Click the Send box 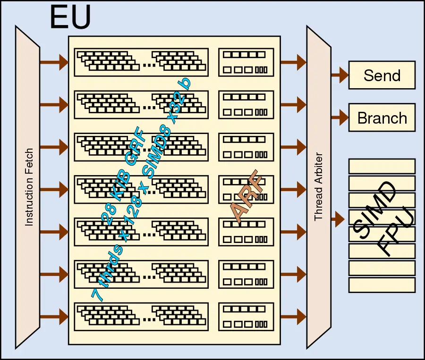[x=382, y=75]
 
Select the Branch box [x=382, y=117]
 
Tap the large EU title [x=70, y=18]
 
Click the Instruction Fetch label [x=29, y=187]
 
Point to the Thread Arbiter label [x=318, y=186]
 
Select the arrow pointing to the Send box [x=340, y=75]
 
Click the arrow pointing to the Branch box [x=340, y=117]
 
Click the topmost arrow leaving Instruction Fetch [x=54, y=62]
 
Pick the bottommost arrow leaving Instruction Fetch [x=54, y=316]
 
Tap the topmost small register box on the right [x=246, y=62]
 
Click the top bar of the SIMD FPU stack [x=382, y=166]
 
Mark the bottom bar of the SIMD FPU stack [x=382, y=285]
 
